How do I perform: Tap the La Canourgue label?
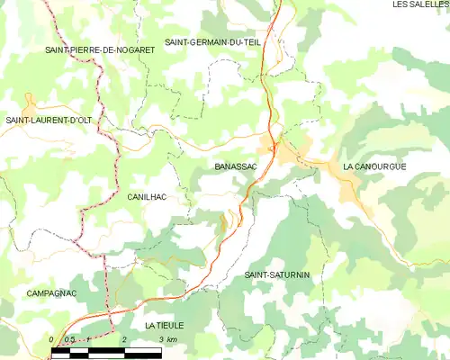pos(375,167)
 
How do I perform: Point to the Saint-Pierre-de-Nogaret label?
pos(100,49)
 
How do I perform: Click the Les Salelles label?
pos(420,4)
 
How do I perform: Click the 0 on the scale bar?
pos(52,339)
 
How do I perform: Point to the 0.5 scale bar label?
pos(69,339)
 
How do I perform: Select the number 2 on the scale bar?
pos(123,339)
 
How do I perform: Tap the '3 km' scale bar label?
pos(166,339)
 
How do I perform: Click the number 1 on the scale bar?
pos(88,339)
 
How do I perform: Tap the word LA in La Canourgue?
pos(348,167)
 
